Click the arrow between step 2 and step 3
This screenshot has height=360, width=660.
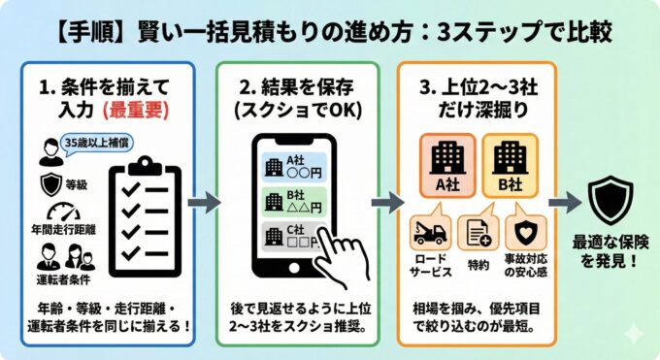(386, 202)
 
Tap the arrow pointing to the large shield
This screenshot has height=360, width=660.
(563, 202)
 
